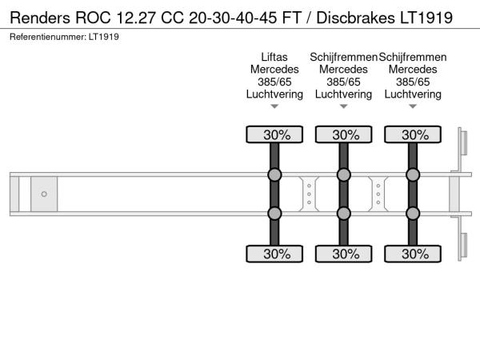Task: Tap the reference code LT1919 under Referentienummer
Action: [x=105, y=38]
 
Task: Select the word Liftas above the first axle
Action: [x=274, y=57]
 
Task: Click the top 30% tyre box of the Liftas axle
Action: [x=274, y=134]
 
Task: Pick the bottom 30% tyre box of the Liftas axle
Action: [x=274, y=254]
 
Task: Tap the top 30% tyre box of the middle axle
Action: [x=344, y=134]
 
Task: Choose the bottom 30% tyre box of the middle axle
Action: [x=344, y=254]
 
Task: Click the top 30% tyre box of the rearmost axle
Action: [x=413, y=134]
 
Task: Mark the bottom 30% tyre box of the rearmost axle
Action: [x=413, y=254]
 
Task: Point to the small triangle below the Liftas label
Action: [x=274, y=106]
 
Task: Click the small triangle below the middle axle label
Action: [x=344, y=106]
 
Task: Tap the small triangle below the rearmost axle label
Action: [x=413, y=106]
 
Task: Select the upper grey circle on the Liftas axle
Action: [x=274, y=175]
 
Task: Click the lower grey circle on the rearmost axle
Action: [x=413, y=213]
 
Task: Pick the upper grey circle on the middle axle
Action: [x=344, y=175]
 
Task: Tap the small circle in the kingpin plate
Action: [x=44, y=194]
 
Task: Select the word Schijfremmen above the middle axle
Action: [x=344, y=57]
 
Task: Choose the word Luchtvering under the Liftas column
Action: [x=274, y=94]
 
